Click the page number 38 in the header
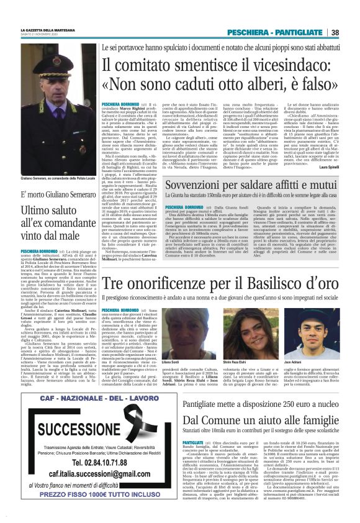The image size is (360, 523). [335, 32]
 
